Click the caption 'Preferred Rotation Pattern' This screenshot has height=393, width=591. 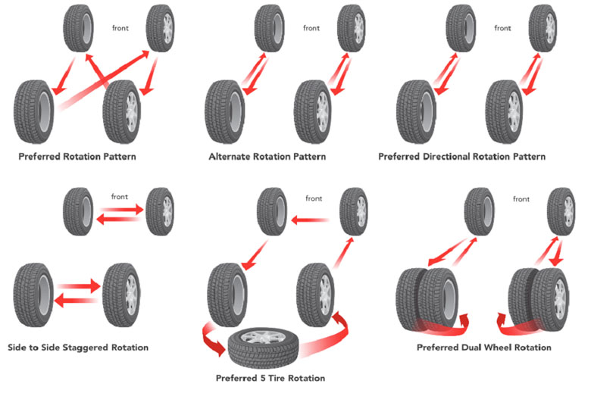coord(77,157)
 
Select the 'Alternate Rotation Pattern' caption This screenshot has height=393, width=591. coord(267,157)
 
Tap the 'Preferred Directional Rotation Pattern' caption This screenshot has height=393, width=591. coord(461,157)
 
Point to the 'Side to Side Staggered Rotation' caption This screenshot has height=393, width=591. coord(78,348)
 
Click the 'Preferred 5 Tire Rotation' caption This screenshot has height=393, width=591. coord(270,378)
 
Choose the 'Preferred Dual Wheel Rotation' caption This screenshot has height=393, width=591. coord(484,348)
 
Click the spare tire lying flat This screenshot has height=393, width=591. coord(263,348)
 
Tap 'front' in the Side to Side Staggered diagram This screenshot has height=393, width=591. coord(120,197)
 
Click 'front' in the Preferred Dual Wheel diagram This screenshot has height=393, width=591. coord(521,199)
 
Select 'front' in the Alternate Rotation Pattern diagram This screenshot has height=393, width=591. coord(311,28)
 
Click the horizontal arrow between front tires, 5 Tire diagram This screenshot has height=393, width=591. coord(310,220)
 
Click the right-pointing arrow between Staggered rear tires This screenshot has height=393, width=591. coord(79,286)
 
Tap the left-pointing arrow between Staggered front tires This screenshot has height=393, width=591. coord(118,219)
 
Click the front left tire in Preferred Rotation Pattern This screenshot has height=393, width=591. coord(78,28)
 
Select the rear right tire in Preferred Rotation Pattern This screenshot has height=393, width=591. coord(122,112)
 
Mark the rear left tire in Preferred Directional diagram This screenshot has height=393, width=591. coord(416,112)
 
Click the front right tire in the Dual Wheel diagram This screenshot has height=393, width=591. coord(561,212)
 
